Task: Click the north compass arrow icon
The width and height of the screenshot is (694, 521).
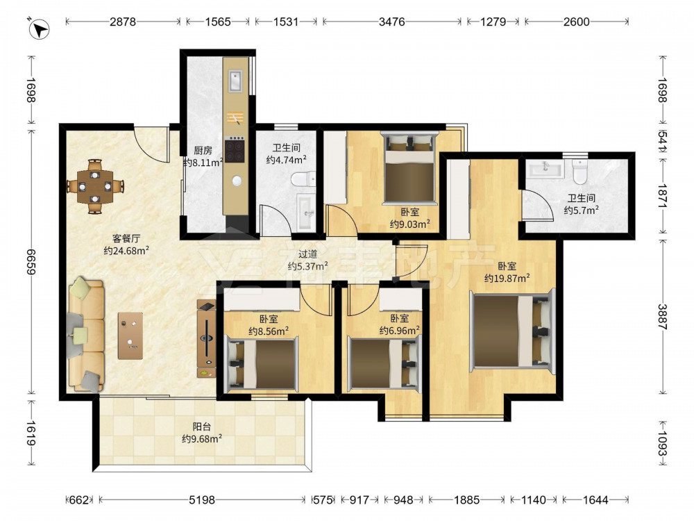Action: pyautogui.click(x=40, y=30)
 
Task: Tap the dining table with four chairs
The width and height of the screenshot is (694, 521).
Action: pyautogui.click(x=95, y=186)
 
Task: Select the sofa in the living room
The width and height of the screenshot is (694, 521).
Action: pyautogui.click(x=86, y=336)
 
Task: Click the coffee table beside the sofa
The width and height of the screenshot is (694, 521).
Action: pyautogui.click(x=130, y=336)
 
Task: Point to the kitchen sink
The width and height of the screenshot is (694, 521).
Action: pyautogui.click(x=235, y=81)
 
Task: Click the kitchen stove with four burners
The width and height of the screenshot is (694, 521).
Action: pyautogui.click(x=235, y=150)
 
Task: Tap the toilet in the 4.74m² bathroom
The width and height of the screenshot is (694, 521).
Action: pyautogui.click(x=303, y=179)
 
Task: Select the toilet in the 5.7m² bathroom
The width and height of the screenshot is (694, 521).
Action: pyautogui.click(x=579, y=172)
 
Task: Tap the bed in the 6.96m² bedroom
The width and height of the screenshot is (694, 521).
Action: pyautogui.click(x=383, y=363)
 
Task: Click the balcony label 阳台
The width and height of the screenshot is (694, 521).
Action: pyautogui.click(x=202, y=427)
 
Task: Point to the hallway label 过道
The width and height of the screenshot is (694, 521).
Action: pyautogui.click(x=307, y=254)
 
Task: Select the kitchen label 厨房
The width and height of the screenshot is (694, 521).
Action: pyautogui.click(x=203, y=151)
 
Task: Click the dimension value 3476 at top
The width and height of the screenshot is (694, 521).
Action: pyautogui.click(x=391, y=22)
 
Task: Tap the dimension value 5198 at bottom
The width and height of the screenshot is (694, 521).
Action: pyautogui.click(x=202, y=500)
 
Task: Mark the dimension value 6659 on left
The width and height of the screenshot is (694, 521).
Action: pyautogui.click(x=31, y=262)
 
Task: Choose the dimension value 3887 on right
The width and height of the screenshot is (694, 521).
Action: pyautogui.click(x=663, y=317)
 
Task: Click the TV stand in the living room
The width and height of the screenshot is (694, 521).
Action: pyautogui.click(x=206, y=339)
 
